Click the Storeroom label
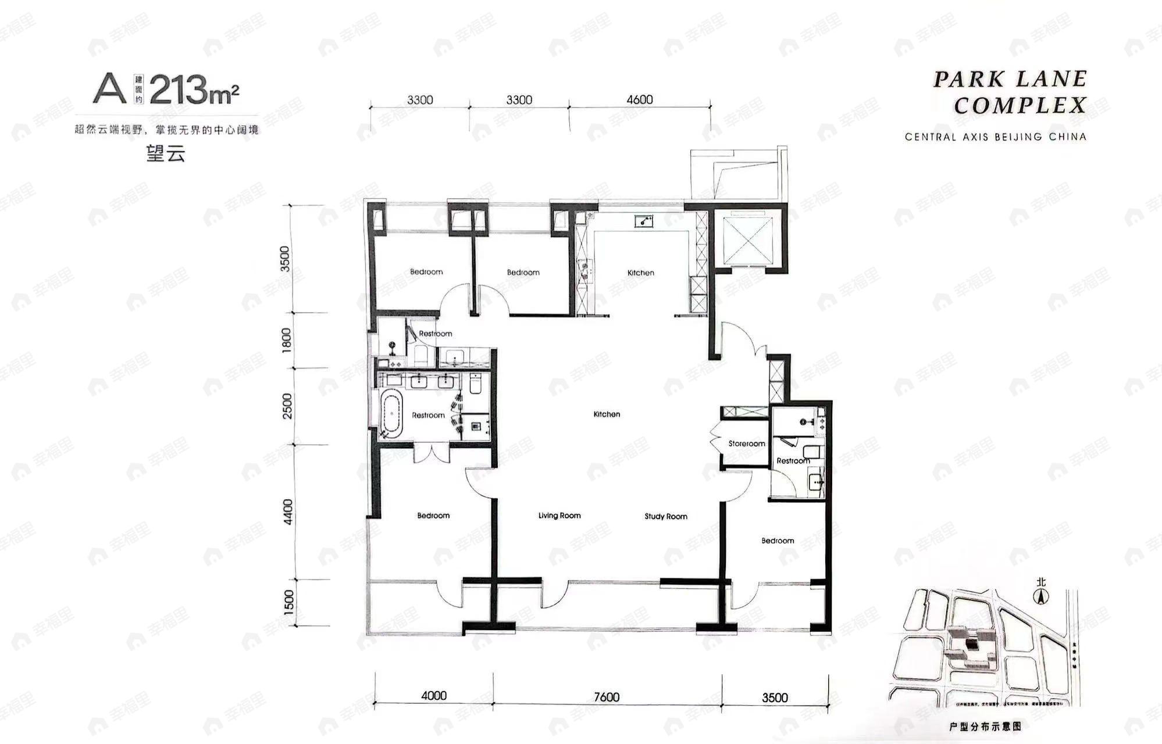point(746,443)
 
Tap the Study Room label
point(665,516)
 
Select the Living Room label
point(559,516)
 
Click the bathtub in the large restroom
point(391,414)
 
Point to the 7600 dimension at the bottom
point(607,696)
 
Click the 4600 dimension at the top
point(639,99)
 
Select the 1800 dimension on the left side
point(286,341)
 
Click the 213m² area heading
point(194,90)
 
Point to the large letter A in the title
point(110,89)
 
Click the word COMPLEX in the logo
point(1020,106)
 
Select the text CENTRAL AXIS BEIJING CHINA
point(995,137)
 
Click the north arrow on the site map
point(1040,595)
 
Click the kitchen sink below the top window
point(643,221)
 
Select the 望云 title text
point(166,153)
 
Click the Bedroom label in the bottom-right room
point(778,541)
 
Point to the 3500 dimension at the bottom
point(775,697)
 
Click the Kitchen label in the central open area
point(607,414)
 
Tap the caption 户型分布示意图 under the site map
point(985,727)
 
